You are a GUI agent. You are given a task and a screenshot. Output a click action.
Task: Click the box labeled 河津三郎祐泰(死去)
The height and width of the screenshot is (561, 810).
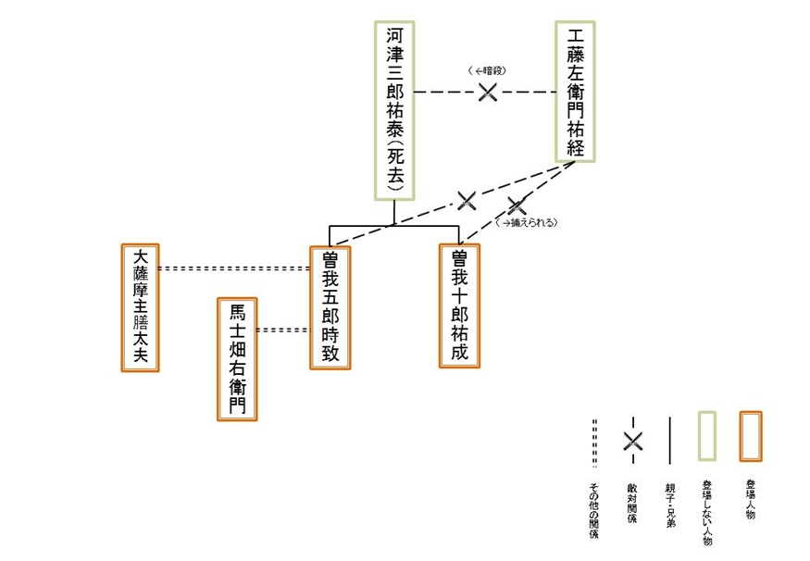click(394, 110)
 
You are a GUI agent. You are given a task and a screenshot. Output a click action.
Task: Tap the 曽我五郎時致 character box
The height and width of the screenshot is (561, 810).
click(330, 306)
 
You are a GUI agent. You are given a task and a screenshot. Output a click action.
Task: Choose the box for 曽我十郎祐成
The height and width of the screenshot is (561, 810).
click(460, 305)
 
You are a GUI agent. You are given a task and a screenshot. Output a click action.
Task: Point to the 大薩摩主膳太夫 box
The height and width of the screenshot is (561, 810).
click(141, 307)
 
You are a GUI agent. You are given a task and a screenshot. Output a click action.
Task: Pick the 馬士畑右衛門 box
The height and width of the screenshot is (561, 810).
click(237, 359)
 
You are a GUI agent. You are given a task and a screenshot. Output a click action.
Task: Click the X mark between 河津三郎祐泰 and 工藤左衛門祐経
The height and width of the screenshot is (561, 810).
click(488, 92)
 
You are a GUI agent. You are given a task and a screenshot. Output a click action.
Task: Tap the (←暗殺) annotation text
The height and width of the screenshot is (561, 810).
click(488, 70)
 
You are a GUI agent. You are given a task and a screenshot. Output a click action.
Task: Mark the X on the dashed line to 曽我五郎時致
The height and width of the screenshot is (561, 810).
click(467, 199)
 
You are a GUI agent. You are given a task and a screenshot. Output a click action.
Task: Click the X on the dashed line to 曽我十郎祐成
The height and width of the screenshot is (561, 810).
click(516, 206)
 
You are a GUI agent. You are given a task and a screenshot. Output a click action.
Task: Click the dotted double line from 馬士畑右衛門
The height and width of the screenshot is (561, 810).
click(282, 330)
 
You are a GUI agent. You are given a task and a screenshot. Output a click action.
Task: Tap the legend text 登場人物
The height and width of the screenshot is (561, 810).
click(749, 499)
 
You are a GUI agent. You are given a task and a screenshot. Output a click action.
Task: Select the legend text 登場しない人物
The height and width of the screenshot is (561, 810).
click(706, 511)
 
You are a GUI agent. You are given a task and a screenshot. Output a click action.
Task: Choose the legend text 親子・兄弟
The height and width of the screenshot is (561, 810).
click(669, 505)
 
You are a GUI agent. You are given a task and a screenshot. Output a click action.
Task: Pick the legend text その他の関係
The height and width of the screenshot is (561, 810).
click(594, 510)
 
